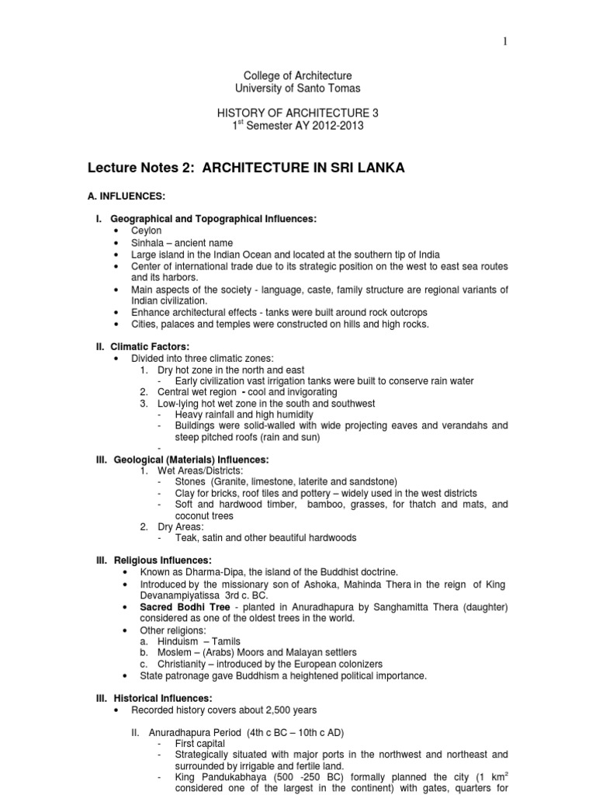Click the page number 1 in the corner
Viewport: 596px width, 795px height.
(x=505, y=42)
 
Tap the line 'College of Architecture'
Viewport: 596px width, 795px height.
(x=298, y=76)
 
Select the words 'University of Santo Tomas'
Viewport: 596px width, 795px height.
(x=298, y=89)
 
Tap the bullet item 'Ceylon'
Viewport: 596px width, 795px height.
(x=146, y=231)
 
